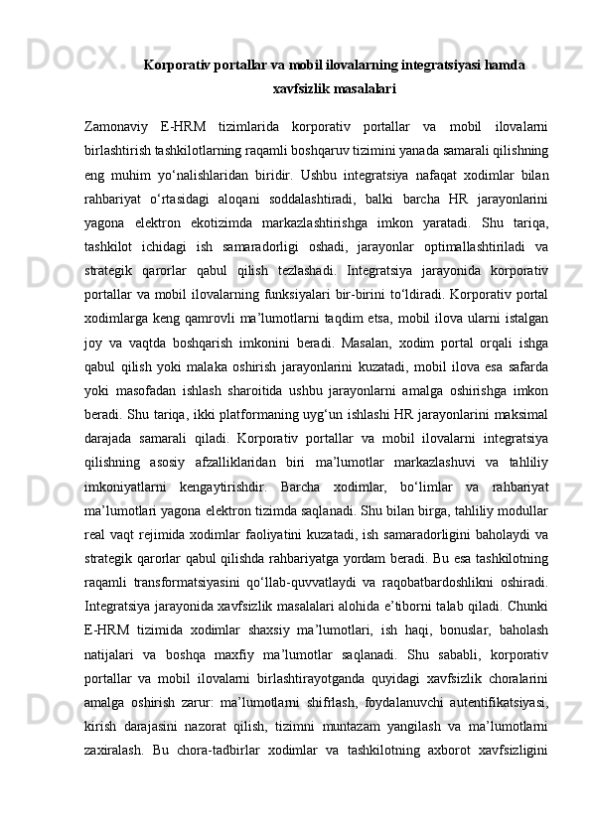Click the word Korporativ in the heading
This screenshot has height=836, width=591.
pyautogui.click(x=180, y=66)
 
